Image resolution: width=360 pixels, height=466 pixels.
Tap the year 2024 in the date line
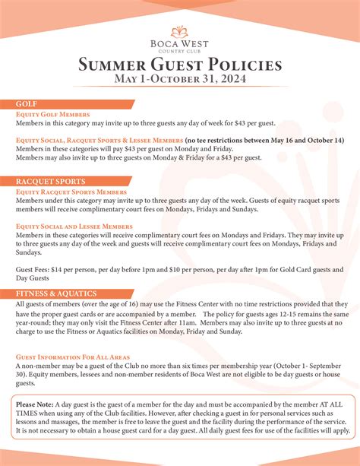(234, 79)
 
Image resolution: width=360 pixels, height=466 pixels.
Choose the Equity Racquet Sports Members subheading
(71, 192)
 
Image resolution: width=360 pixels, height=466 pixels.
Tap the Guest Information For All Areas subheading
(72, 356)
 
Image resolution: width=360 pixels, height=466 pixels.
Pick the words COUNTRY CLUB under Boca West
(180, 52)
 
